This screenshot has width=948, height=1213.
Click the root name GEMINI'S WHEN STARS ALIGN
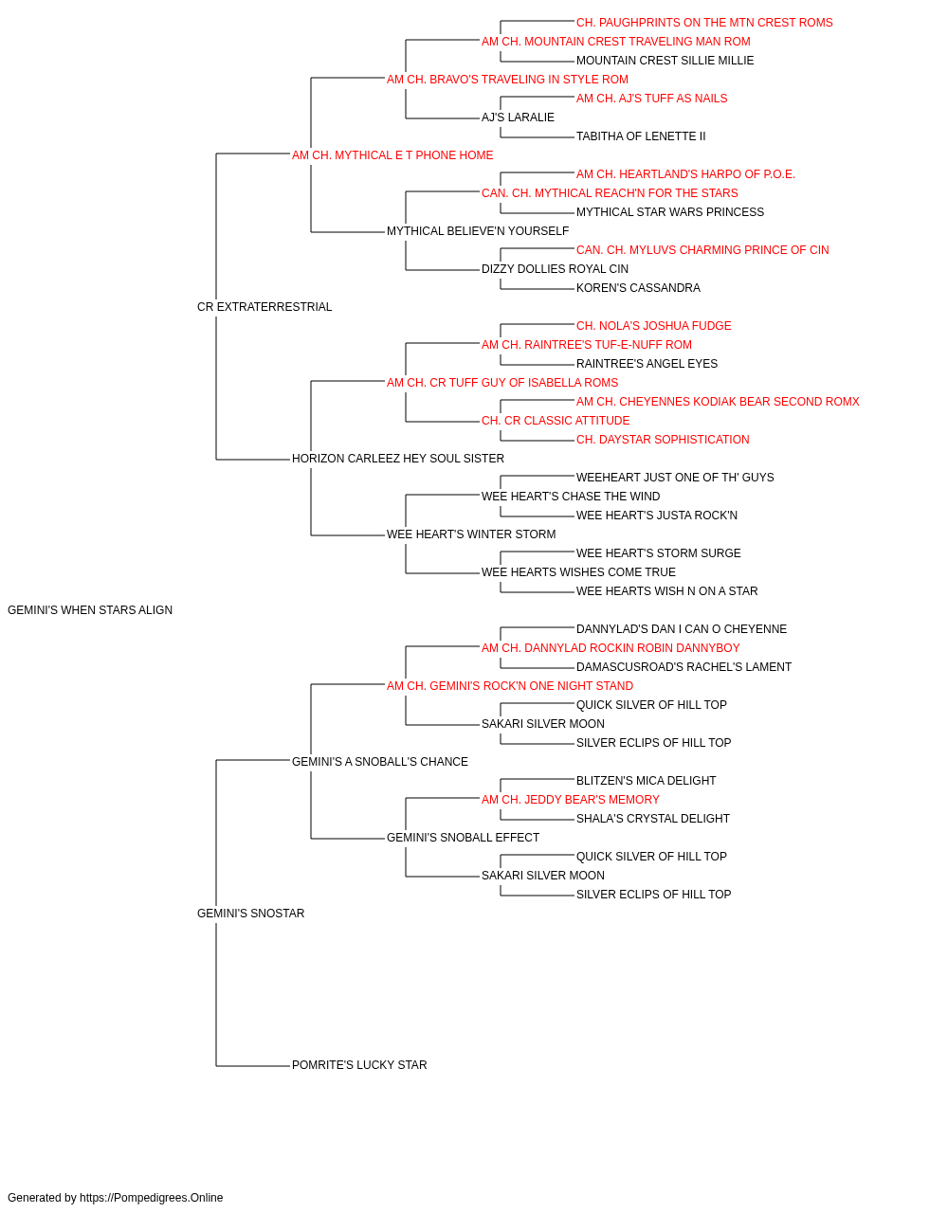point(90,610)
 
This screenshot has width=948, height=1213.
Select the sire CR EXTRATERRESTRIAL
point(264,307)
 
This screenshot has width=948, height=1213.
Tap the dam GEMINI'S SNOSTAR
point(250,914)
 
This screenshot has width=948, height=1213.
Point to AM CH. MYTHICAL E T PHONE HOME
point(392,155)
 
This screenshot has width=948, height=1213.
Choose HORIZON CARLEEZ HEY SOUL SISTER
point(398,459)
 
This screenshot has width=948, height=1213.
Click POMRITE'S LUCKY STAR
point(359,1065)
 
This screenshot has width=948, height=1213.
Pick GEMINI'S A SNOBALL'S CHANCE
point(380,762)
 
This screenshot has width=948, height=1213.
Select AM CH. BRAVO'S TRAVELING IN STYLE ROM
point(507,80)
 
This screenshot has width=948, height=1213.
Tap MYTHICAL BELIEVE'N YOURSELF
point(478,231)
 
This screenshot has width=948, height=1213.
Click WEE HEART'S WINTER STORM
point(471,534)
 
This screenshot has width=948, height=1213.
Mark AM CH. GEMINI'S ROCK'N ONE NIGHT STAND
point(510,686)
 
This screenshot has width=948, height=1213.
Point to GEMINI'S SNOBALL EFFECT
point(464,838)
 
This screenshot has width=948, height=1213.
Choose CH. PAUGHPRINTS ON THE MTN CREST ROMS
point(704,23)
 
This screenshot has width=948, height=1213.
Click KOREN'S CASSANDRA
point(638,288)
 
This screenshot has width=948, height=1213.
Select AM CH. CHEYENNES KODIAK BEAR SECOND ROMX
point(718,402)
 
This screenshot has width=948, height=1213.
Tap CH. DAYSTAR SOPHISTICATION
point(663,440)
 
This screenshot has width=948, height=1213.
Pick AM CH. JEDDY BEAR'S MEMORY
point(571,800)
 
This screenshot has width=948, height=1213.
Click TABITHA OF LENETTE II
point(641,136)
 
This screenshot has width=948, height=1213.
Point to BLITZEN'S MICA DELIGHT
point(646,780)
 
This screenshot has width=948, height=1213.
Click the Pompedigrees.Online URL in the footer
point(152,1198)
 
